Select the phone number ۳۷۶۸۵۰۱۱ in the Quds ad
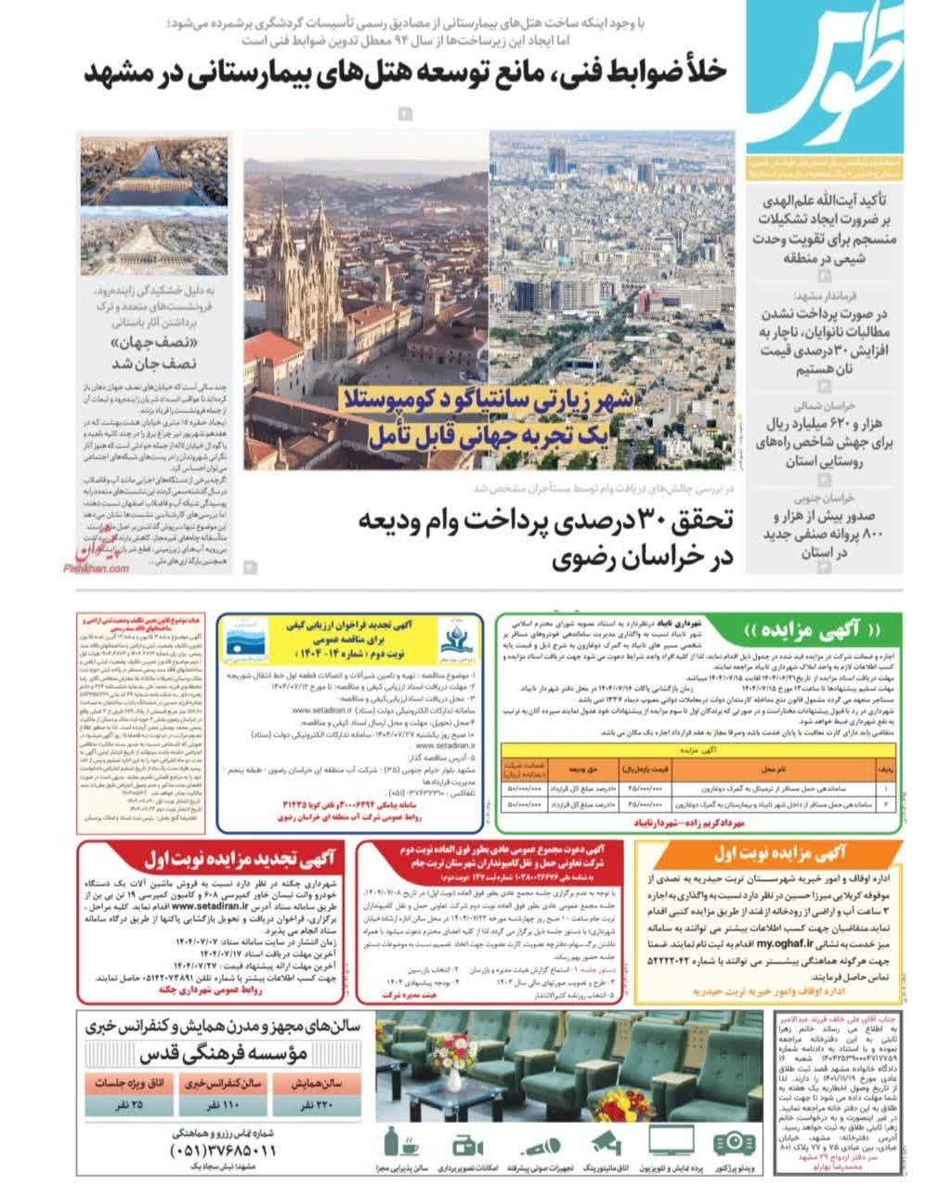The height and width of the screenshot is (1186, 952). (222, 1151)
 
